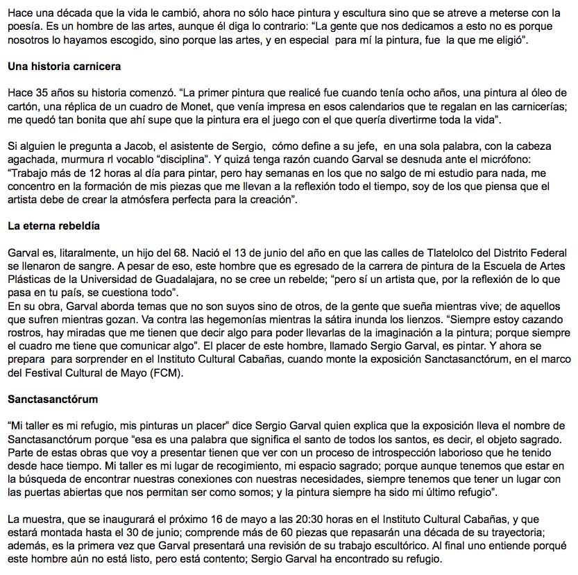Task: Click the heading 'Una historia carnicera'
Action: point(64,67)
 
